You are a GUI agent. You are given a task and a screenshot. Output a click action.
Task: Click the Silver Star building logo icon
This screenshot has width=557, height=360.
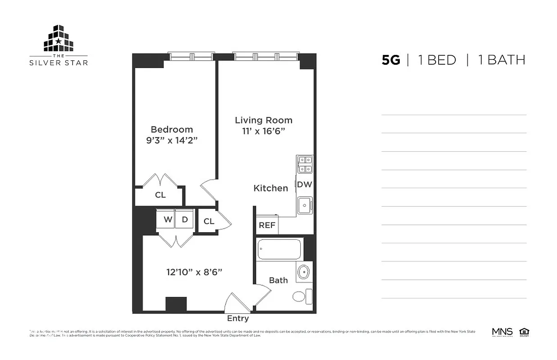[59, 39]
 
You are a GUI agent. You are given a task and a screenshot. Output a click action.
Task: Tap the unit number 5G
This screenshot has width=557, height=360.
[390, 60]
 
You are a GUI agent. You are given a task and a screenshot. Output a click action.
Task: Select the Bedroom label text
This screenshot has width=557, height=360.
[172, 130]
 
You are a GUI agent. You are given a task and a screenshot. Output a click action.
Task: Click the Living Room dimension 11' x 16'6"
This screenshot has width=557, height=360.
[263, 131]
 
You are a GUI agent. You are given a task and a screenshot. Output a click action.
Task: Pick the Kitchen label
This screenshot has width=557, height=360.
[271, 189]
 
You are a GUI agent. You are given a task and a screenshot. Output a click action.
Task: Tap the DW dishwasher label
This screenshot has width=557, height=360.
[304, 184]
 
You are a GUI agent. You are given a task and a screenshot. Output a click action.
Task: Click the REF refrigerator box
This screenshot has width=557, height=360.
[267, 225]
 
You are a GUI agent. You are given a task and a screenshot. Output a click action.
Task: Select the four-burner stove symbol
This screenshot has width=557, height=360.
[305, 164]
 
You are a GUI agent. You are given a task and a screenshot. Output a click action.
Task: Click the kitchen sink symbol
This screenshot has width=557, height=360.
[305, 206]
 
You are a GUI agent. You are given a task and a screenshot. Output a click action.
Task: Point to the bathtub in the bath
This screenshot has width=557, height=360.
[279, 249]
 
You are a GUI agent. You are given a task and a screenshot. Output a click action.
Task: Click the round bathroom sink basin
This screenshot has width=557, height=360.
[304, 272]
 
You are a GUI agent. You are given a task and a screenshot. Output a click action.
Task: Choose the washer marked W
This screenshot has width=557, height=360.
[168, 220]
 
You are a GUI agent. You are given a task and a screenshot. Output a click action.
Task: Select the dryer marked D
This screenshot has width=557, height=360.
[185, 220]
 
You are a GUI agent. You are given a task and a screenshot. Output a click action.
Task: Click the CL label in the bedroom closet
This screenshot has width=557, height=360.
[160, 195]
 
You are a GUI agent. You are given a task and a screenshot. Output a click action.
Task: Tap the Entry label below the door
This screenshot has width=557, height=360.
[238, 319]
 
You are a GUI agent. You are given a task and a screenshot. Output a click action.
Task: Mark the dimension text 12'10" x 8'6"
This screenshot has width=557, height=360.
[195, 272]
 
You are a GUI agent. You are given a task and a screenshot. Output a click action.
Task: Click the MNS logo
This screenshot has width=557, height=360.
[502, 332]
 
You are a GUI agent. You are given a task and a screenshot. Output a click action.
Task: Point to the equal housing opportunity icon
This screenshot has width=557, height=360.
[524, 332]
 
